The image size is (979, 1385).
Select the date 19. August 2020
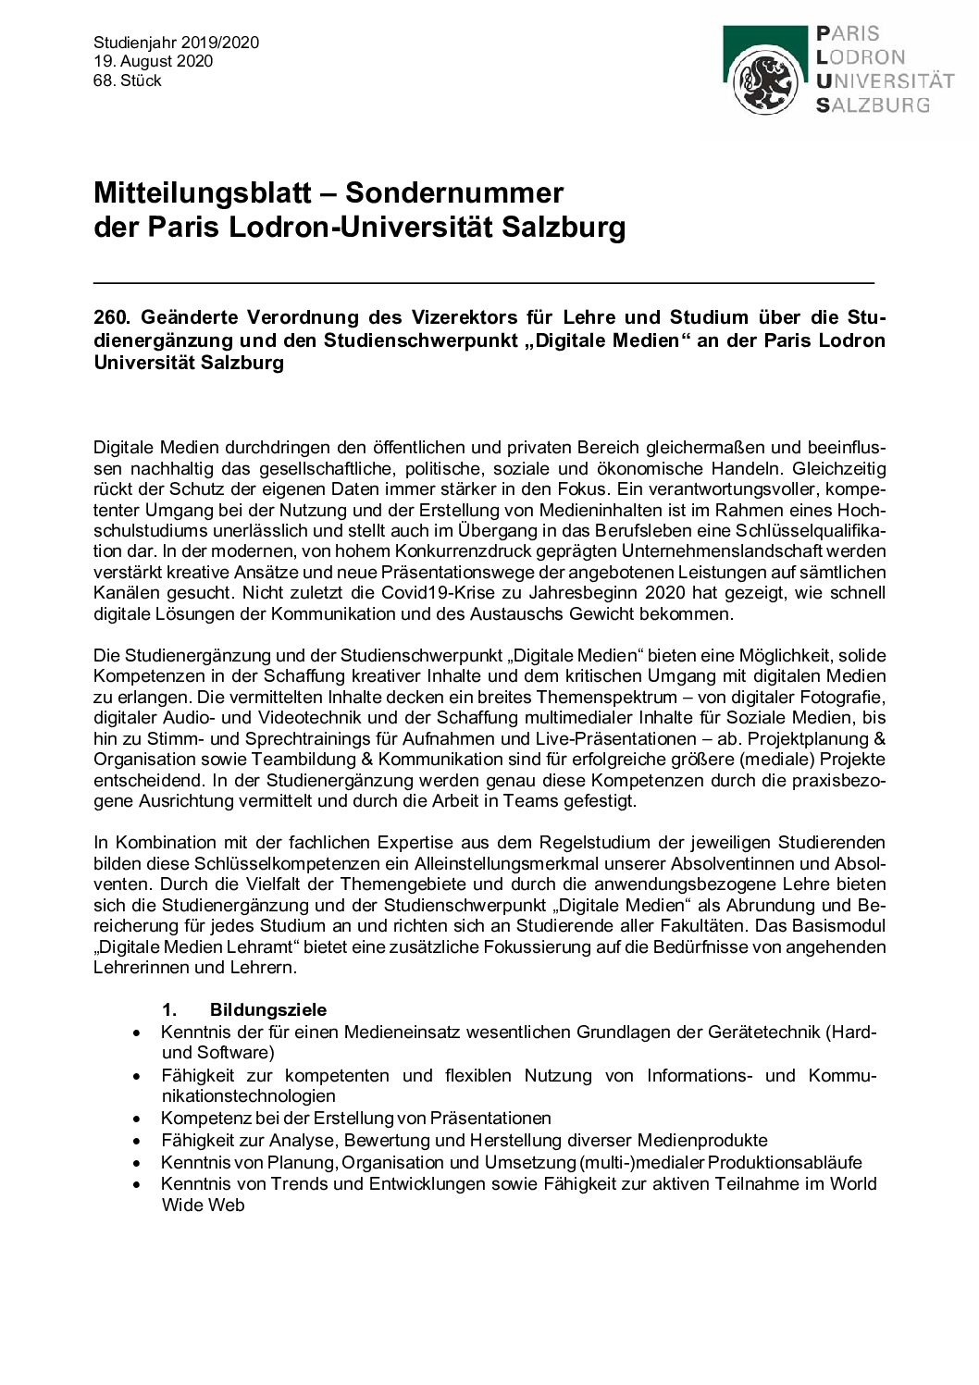point(153,62)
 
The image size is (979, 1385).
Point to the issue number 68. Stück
point(128,81)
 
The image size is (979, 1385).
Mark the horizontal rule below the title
point(483,280)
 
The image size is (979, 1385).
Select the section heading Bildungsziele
point(268,1009)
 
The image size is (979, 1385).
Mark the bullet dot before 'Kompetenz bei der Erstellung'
point(138,1119)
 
